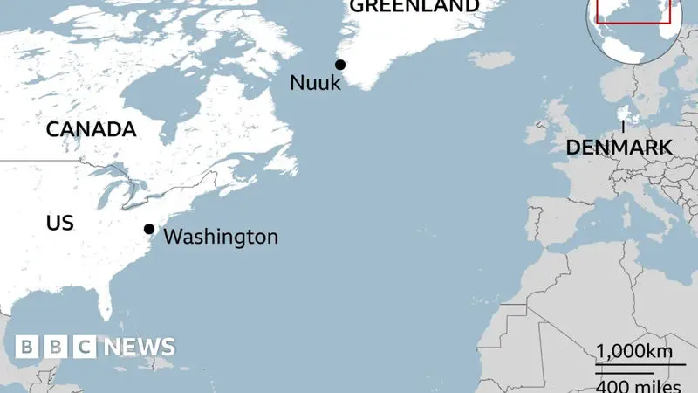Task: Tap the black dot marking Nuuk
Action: (x=340, y=65)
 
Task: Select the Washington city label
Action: (x=221, y=237)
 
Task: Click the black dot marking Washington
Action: (x=149, y=230)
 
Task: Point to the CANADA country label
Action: (x=91, y=130)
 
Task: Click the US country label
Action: (x=59, y=223)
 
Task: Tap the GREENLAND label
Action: (x=414, y=6)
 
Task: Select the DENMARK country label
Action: (x=619, y=148)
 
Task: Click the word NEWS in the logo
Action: (x=140, y=347)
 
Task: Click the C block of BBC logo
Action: (x=84, y=347)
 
